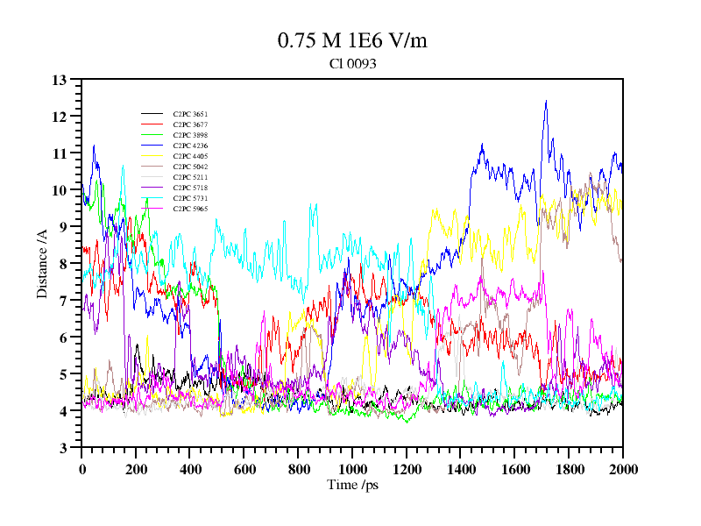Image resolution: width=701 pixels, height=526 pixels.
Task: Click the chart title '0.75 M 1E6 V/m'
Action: point(352,40)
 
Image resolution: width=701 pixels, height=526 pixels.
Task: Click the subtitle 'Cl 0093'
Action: point(352,64)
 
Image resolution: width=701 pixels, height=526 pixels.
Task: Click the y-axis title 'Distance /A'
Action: point(42,264)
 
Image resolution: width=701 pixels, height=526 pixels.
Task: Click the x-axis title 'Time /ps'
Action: point(351,485)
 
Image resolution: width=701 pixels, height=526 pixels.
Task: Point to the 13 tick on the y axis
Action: point(60,80)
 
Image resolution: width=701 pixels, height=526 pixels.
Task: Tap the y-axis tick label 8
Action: point(63,264)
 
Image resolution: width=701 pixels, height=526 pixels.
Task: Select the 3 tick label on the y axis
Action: point(63,448)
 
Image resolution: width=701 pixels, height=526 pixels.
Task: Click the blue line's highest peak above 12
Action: point(546,101)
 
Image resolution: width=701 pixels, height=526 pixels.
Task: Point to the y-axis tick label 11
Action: point(60,153)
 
